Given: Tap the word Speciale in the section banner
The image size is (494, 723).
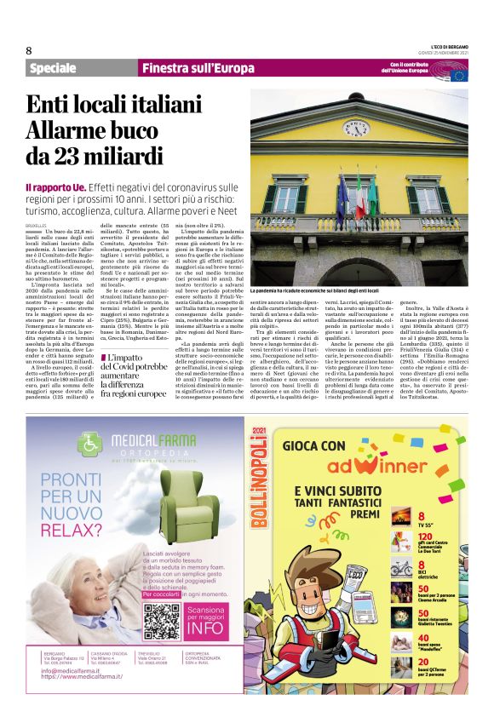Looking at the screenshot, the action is coord(54,69).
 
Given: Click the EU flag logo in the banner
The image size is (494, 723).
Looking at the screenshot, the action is coord(459,73).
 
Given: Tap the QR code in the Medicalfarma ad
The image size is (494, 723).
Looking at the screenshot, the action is coord(161,621).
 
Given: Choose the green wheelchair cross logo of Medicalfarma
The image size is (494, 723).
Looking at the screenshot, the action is coord(89,445).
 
